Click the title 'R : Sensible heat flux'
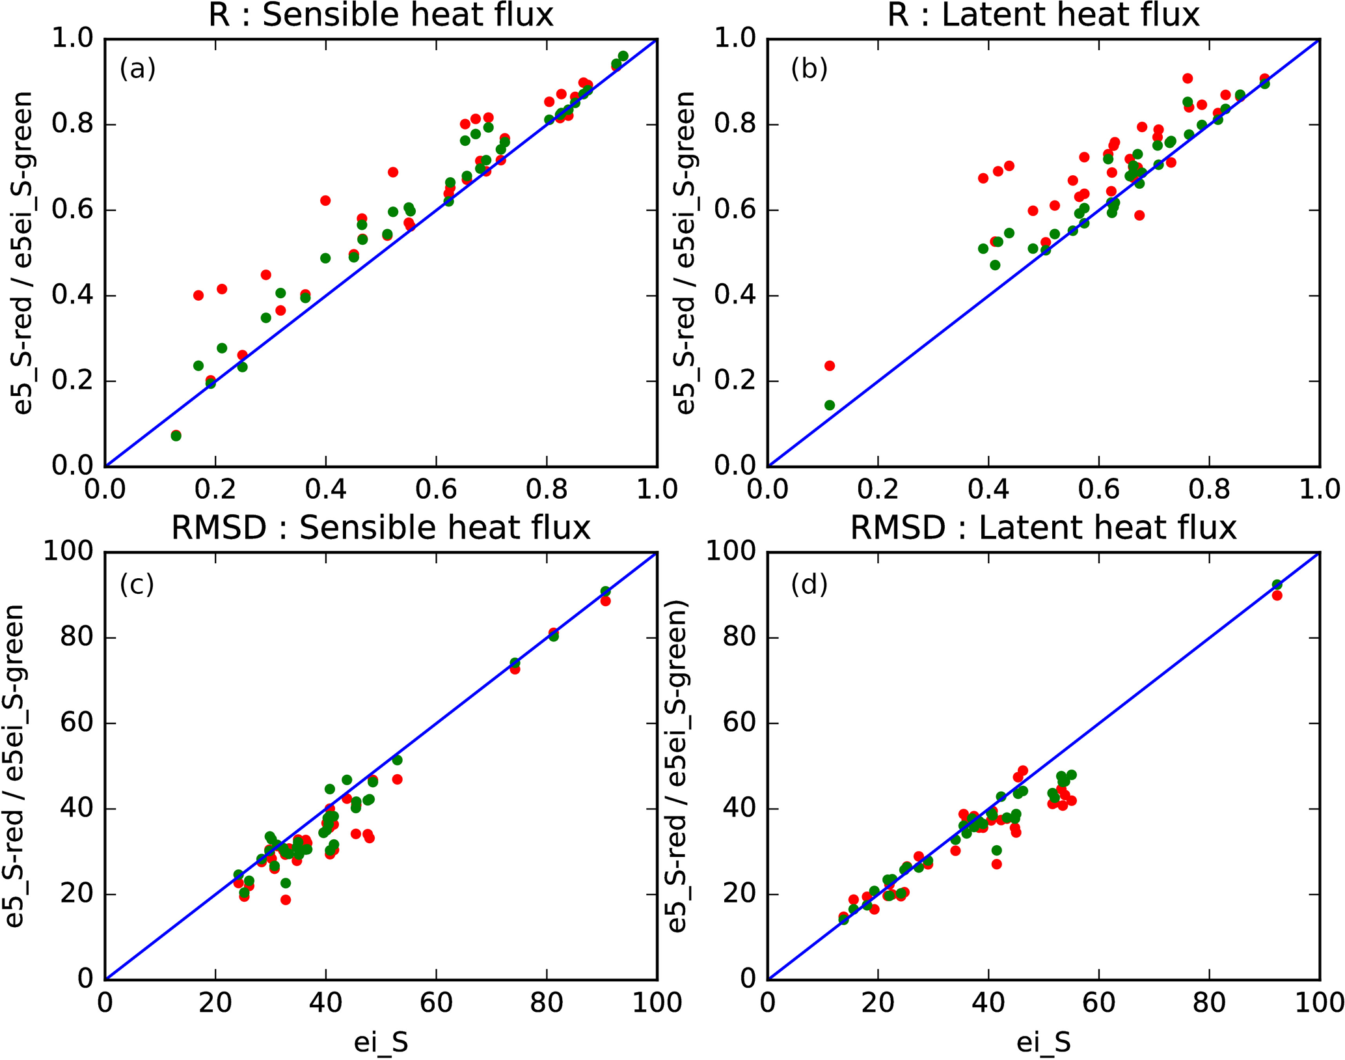(381, 16)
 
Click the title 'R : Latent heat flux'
(1043, 16)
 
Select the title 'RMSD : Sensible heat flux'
(381, 528)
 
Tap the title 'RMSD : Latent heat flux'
(1043, 528)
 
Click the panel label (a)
(137, 68)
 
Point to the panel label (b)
(809, 68)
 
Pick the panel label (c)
(137, 585)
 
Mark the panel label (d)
(809, 585)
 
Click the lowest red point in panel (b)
(830, 366)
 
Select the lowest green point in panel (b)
(830, 405)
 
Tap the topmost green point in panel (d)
(1277, 585)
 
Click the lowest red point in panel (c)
(286, 900)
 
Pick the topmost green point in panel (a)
(623, 56)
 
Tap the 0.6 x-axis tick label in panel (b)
(1098, 490)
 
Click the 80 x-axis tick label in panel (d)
(1209, 1003)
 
